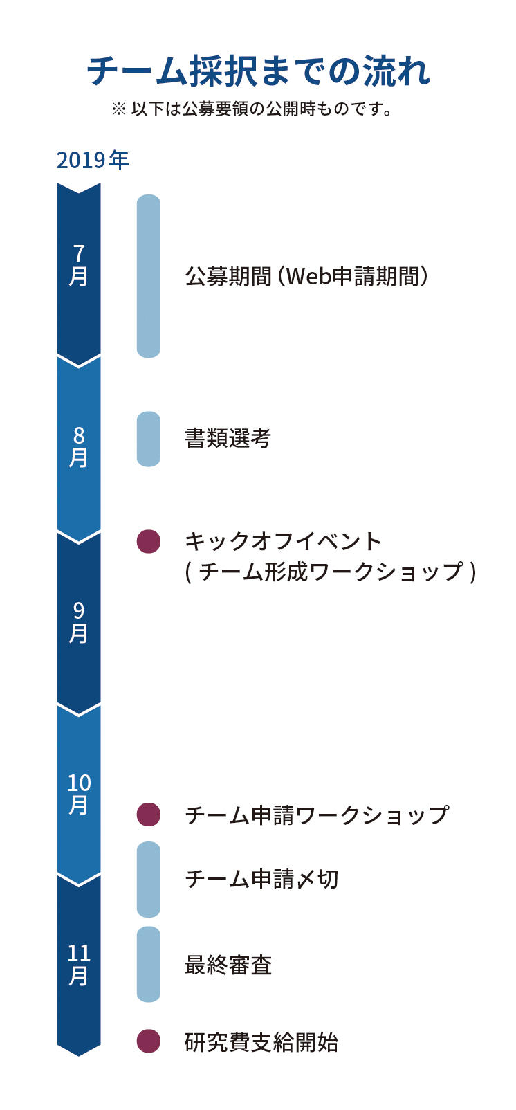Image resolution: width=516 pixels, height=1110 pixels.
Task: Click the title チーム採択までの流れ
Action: (x=258, y=71)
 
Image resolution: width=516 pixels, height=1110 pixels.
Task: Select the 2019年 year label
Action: (x=93, y=161)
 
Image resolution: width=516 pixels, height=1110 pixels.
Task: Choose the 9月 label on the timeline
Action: (x=79, y=622)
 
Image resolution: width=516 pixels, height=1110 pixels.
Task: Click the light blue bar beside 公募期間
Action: (x=149, y=276)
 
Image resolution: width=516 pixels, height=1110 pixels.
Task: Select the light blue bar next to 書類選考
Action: (x=149, y=439)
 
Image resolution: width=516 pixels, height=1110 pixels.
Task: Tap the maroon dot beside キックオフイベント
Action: (x=149, y=541)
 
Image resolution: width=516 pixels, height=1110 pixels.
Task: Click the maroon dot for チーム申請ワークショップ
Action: (x=149, y=815)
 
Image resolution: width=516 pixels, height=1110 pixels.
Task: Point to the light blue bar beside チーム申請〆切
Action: (x=149, y=880)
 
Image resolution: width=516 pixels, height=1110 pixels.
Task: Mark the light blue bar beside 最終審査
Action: (x=149, y=964)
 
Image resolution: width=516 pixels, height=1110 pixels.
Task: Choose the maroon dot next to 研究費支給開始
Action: (x=149, y=1041)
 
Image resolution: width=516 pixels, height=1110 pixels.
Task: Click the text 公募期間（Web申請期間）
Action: (x=306, y=277)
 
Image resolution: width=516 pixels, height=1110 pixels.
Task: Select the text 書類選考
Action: (x=228, y=439)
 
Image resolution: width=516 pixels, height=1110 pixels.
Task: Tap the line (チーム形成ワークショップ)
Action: (x=331, y=572)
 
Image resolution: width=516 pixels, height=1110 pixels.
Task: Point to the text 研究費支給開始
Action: (x=261, y=1041)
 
